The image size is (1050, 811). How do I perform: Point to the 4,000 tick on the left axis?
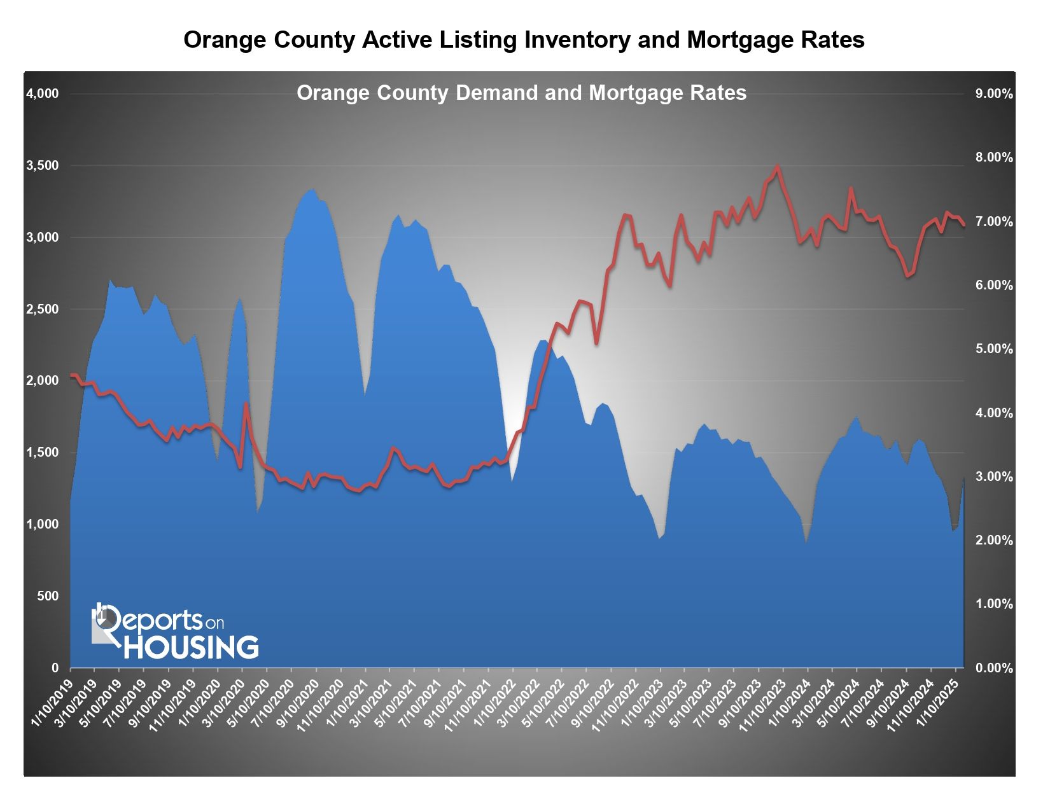pyautogui.click(x=42, y=94)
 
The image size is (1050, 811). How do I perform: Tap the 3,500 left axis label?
pyautogui.click(x=42, y=166)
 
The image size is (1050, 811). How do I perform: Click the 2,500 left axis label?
pyautogui.click(x=42, y=310)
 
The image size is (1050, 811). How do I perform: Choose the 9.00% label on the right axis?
pyautogui.click(x=994, y=94)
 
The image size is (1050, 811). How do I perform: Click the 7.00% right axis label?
pyautogui.click(x=994, y=222)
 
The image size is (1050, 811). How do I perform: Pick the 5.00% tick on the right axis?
pyautogui.click(x=994, y=349)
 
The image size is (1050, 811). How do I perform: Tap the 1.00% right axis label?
pyautogui.click(x=994, y=604)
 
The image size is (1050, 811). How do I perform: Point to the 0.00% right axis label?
pyautogui.click(x=994, y=668)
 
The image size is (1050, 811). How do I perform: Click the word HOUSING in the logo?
pyautogui.click(x=191, y=648)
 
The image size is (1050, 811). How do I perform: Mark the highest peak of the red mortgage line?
pyautogui.click(x=777, y=167)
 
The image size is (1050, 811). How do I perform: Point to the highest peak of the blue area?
pyautogui.click(x=312, y=189)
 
